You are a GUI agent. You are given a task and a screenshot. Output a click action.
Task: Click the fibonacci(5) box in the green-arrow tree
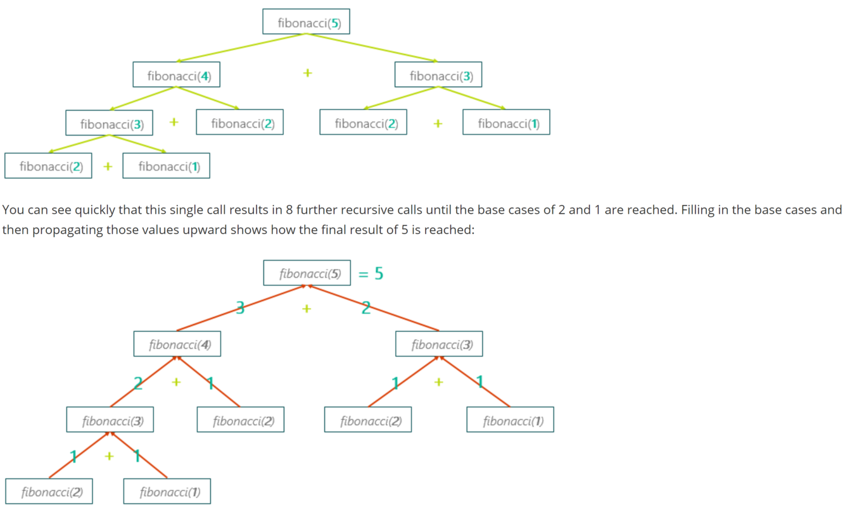coord(307,23)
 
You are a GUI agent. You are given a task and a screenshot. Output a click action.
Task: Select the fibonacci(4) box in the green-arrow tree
coord(177,76)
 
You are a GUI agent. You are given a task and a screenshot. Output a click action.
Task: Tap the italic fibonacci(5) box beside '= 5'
coord(307,274)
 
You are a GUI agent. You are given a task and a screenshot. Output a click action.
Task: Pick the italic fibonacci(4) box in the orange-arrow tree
coord(177,345)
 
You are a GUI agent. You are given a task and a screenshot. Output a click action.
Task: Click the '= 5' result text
coord(371,274)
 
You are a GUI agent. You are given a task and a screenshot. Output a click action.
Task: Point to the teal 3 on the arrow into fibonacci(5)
coord(240,308)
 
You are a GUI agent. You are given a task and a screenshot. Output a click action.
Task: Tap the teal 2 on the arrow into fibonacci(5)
coord(366,308)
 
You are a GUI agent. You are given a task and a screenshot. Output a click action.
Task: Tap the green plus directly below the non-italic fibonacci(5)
coord(307,73)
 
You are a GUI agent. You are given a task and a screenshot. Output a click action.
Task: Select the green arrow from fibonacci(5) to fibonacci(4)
coord(241,47)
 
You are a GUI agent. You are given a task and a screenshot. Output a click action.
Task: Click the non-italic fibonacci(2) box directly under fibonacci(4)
coord(239,123)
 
